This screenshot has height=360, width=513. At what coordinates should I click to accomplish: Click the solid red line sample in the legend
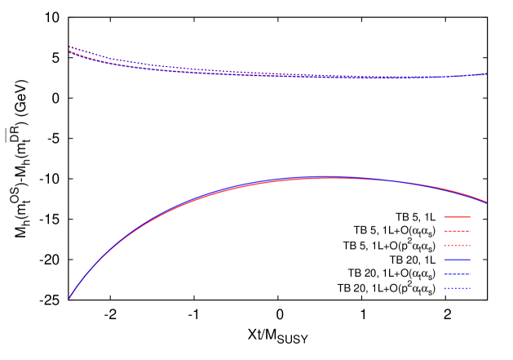(x=457, y=217)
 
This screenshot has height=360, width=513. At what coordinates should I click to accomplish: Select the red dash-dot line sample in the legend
(x=457, y=231)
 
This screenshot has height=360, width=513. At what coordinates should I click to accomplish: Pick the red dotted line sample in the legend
(x=457, y=245)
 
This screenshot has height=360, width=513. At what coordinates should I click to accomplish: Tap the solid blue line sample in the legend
(x=457, y=260)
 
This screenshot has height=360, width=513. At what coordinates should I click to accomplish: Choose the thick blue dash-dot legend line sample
(x=457, y=273)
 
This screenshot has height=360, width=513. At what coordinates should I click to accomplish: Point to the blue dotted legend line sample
(x=457, y=287)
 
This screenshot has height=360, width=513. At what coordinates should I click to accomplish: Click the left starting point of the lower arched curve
(x=69, y=299)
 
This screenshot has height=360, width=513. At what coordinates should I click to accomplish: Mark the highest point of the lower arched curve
(x=329, y=177)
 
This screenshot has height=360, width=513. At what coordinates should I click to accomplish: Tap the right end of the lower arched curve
(x=487, y=202)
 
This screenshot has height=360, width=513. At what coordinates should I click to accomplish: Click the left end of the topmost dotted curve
(x=69, y=47)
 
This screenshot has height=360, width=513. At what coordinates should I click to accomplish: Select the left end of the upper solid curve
(x=69, y=52)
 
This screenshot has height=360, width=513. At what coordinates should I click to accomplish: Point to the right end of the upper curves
(x=487, y=73)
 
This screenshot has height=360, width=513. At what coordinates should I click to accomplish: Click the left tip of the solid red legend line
(x=444, y=217)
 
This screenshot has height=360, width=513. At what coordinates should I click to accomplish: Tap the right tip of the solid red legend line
(x=471, y=217)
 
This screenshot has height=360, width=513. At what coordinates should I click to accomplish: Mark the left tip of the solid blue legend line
(x=444, y=260)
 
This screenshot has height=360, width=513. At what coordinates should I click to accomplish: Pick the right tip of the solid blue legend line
(x=471, y=260)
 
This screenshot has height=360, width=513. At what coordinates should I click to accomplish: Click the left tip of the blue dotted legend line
(x=444, y=287)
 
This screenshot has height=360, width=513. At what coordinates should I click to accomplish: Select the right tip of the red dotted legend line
(x=471, y=245)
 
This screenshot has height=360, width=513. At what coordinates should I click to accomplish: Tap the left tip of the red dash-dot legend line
(x=444, y=231)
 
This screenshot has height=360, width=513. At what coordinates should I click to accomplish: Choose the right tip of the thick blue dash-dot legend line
(x=471, y=273)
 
